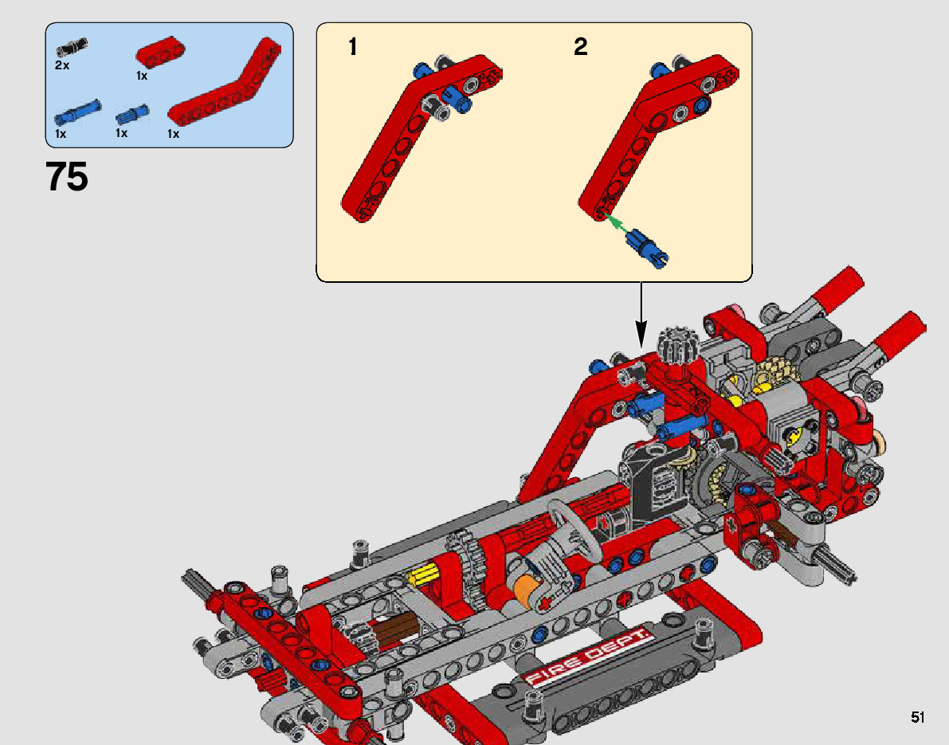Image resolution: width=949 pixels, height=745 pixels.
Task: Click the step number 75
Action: point(67,177)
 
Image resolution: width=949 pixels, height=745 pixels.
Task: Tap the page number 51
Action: point(918,717)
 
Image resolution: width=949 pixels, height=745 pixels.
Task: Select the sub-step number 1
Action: point(352,46)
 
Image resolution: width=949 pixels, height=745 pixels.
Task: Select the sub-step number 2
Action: point(580,46)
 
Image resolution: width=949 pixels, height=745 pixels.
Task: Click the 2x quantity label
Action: point(61,65)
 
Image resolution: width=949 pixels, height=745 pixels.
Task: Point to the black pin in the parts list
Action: point(72,46)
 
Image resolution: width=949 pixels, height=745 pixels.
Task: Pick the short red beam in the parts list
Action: point(160,53)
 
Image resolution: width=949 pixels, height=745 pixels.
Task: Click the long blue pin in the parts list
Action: point(77,113)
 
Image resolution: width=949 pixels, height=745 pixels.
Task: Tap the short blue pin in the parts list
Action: point(132,115)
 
